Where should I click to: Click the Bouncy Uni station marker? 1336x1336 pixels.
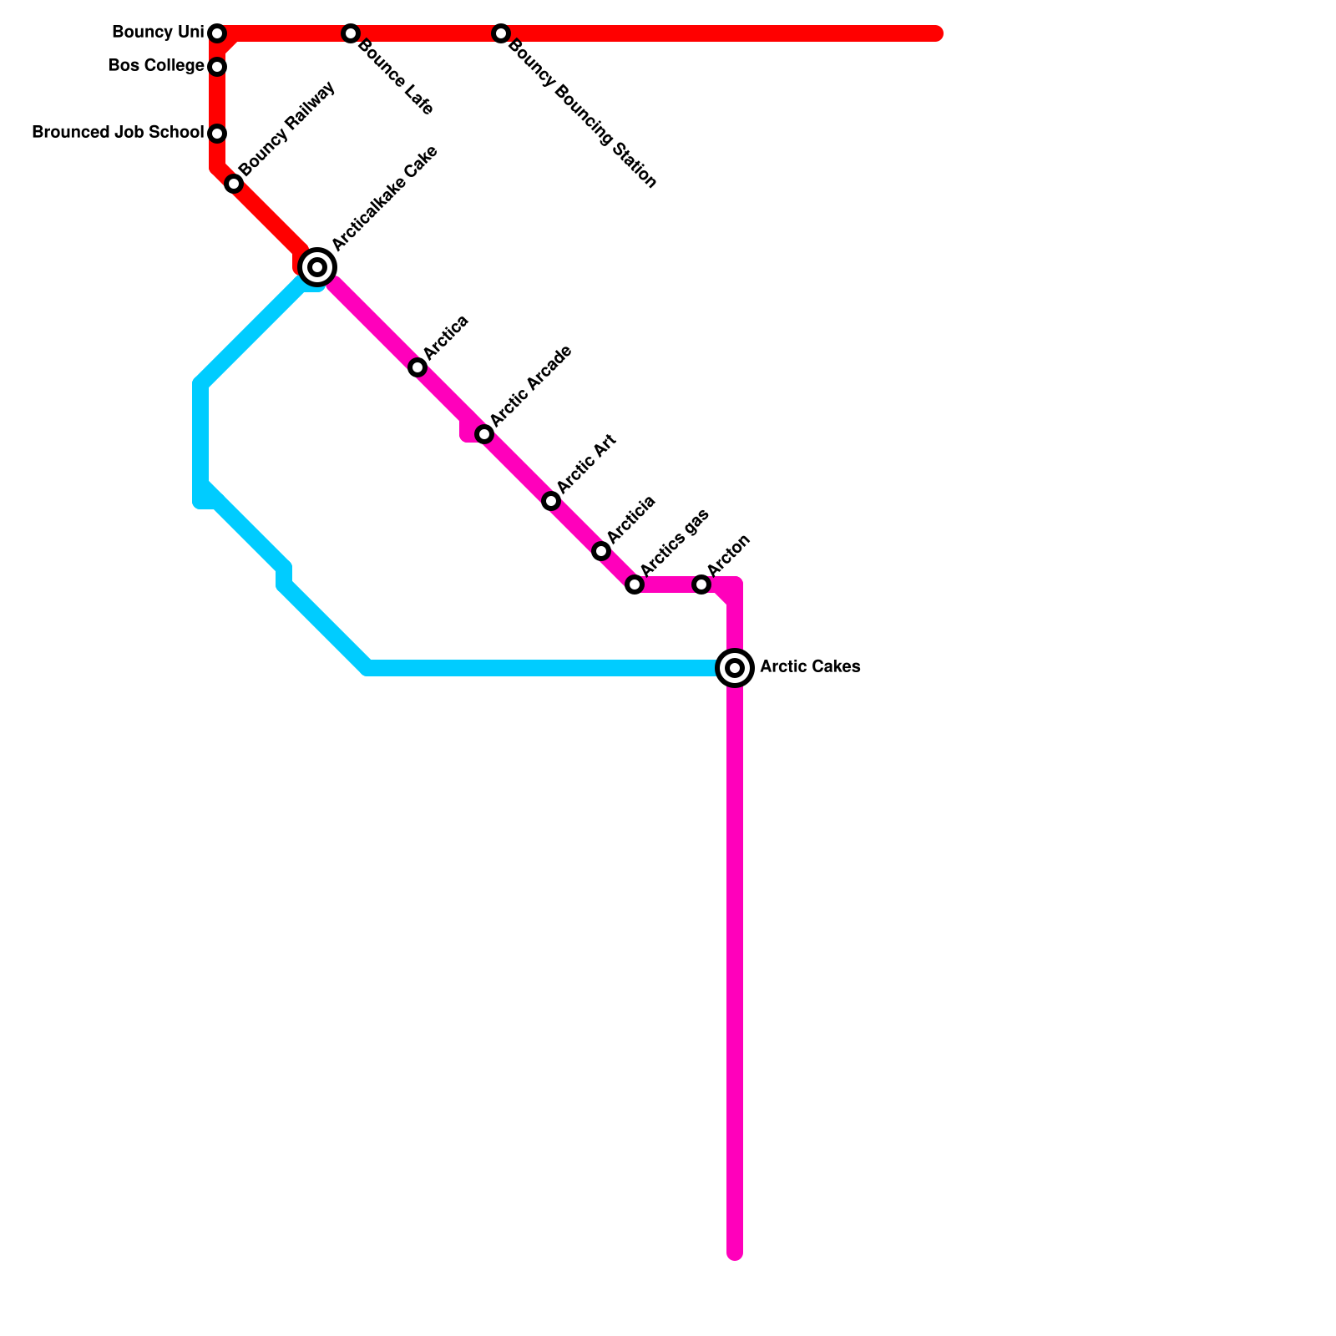[x=217, y=33]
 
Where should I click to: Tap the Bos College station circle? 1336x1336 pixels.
[x=217, y=66]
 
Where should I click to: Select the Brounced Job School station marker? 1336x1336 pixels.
[x=217, y=134]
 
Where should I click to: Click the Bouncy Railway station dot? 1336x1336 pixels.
[x=234, y=184]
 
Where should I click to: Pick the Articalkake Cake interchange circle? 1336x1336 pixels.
[x=317, y=267]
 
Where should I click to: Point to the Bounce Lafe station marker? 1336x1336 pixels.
[x=351, y=33]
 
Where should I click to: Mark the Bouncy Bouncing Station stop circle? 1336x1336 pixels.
[x=500, y=33]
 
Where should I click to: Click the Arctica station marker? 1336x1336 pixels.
[x=417, y=367]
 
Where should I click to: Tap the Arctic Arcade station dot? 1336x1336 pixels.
[x=484, y=434]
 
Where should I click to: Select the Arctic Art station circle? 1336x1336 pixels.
[x=551, y=501]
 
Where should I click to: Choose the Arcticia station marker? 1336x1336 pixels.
[x=601, y=551]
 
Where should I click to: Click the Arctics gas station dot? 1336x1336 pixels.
[x=635, y=584]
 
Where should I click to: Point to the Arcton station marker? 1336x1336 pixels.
[x=701, y=584]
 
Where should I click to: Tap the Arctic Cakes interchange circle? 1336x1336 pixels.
[x=735, y=668]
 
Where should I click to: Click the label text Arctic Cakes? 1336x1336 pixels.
[x=809, y=667]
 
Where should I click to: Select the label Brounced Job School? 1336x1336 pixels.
[x=117, y=133]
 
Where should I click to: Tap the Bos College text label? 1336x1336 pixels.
[x=155, y=66]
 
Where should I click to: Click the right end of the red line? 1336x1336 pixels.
[x=937, y=33]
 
